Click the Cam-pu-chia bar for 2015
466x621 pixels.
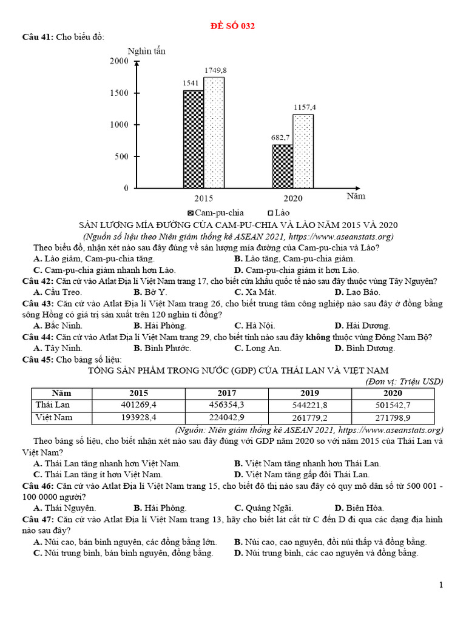click(x=194, y=139)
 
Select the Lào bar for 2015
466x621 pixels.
click(x=214, y=133)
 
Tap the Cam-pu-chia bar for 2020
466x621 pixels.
click(x=282, y=166)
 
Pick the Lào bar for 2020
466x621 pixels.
click(x=303, y=152)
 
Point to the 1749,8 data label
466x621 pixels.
click(x=214, y=71)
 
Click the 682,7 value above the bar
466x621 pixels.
click(x=280, y=138)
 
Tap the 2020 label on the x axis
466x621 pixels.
click(x=292, y=198)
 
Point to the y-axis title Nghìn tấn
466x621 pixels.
click(x=146, y=51)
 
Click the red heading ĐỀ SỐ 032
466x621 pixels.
click(x=232, y=26)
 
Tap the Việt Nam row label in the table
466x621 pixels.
click(x=54, y=417)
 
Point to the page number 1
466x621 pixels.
click(x=441, y=585)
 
